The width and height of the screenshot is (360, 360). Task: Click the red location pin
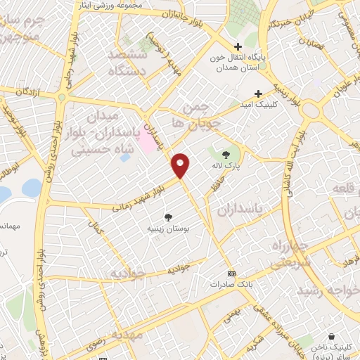pos(181,164)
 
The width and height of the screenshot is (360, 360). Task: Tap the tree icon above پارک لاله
pos(226,155)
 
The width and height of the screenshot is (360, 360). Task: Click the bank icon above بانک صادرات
pos(231,274)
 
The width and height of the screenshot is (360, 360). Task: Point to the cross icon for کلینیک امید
pos(258,94)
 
